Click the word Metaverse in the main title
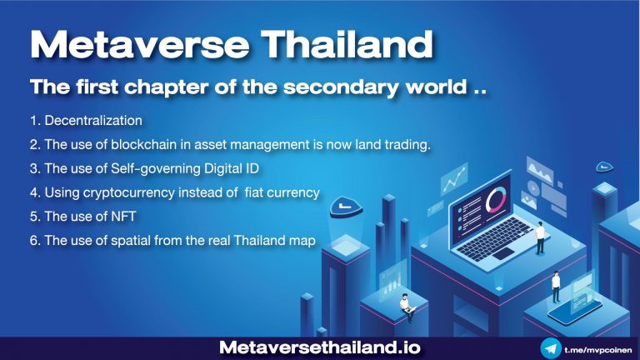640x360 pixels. click(140, 44)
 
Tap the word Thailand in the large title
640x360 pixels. click(347, 43)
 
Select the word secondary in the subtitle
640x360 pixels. click(341, 87)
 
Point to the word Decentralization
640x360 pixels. click(93, 120)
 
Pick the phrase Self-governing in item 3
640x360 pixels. click(156, 168)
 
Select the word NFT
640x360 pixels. click(123, 217)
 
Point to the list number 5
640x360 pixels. click(34, 217)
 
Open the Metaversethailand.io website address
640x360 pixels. click(320, 347)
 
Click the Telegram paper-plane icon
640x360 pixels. click(551, 348)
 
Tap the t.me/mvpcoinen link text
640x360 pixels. click(598, 350)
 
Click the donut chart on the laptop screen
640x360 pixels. click(496, 200)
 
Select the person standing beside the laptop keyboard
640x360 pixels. click(540, 238)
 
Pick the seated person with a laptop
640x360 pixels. click(407, 307)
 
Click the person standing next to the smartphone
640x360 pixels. click(556, 287)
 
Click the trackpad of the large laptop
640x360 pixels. click(503, 253)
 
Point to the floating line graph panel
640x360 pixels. click(454, 179)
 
